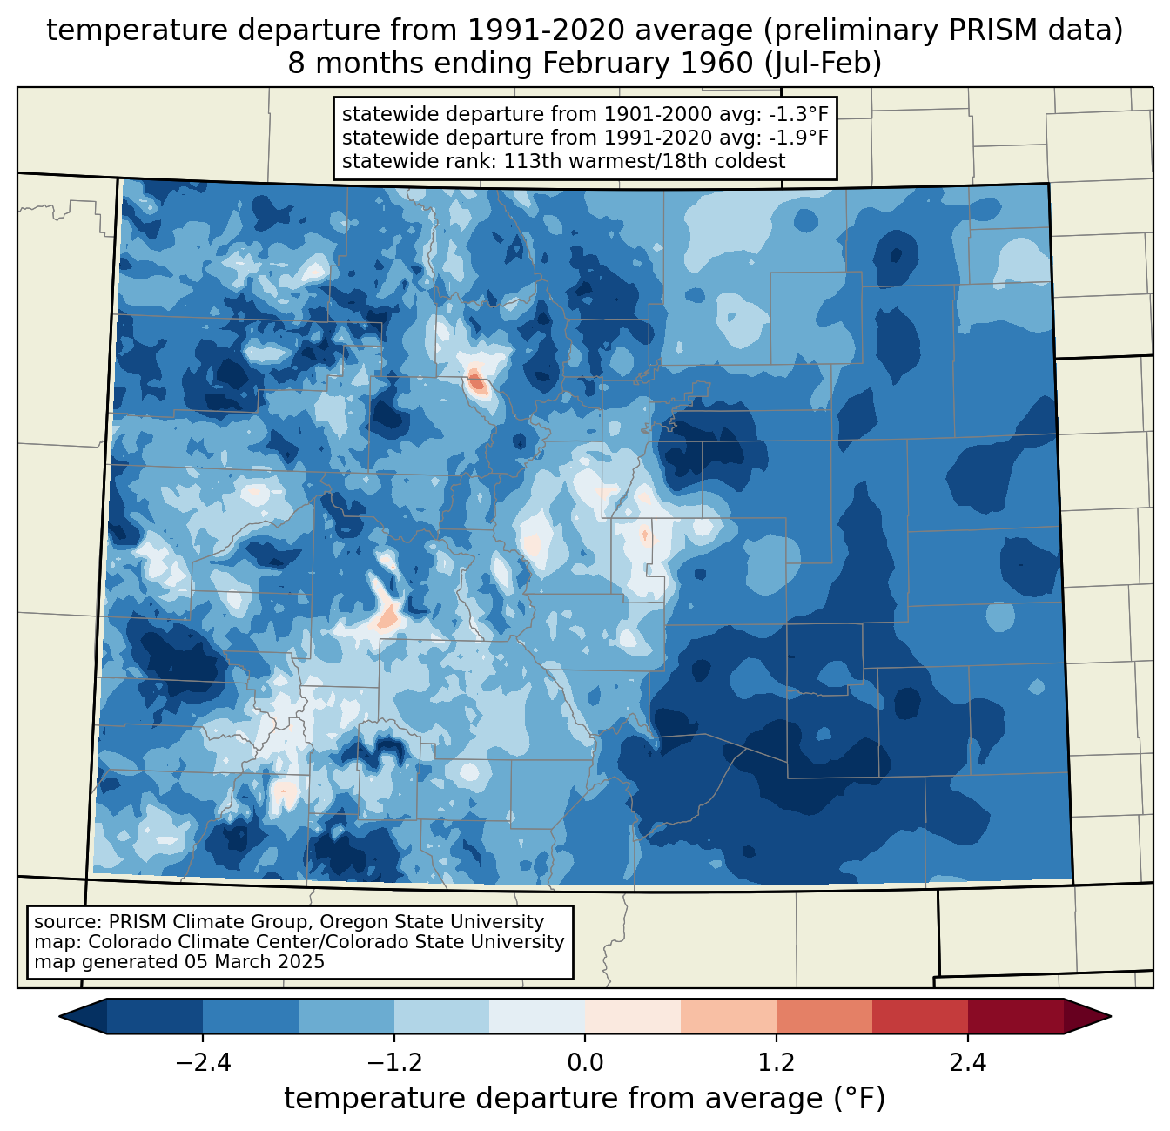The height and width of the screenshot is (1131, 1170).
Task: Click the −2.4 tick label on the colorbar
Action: [x=203, y=1063]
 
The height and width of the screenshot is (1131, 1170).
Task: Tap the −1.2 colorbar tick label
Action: [x=393, y=1063]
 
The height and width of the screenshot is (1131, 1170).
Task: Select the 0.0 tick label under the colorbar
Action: [x=585, y=1063]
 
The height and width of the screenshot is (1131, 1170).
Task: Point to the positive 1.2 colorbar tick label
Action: [x=777, y=1063]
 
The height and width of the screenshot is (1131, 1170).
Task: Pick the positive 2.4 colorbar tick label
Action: [x=967, y=1063]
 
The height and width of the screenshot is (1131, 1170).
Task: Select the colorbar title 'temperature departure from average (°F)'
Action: [x=584, y=1099]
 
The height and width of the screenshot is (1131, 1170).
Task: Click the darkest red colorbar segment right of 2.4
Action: [x=1015, y=1016]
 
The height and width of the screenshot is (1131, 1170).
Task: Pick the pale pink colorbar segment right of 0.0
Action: [x=633, y=1016]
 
